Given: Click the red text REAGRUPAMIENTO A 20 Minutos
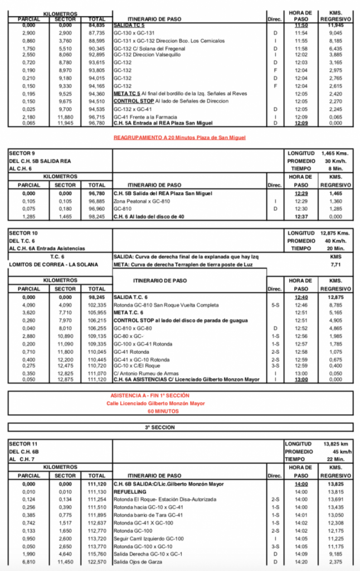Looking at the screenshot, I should (x=179, y=137).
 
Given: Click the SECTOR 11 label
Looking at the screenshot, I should (x=23, y=444).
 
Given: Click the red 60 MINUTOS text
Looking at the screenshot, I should (x=179, y=411).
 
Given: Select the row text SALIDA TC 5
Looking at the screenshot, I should (x=129, y=26).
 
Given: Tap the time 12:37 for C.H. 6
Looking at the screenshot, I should (x=301, y=216).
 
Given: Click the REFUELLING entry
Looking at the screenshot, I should (x=130, y=492).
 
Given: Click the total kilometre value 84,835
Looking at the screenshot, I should (x=97, y=26).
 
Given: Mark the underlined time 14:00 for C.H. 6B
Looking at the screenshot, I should (x=301, y=484).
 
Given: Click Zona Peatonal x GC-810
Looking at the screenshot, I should (x=142, y=201).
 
